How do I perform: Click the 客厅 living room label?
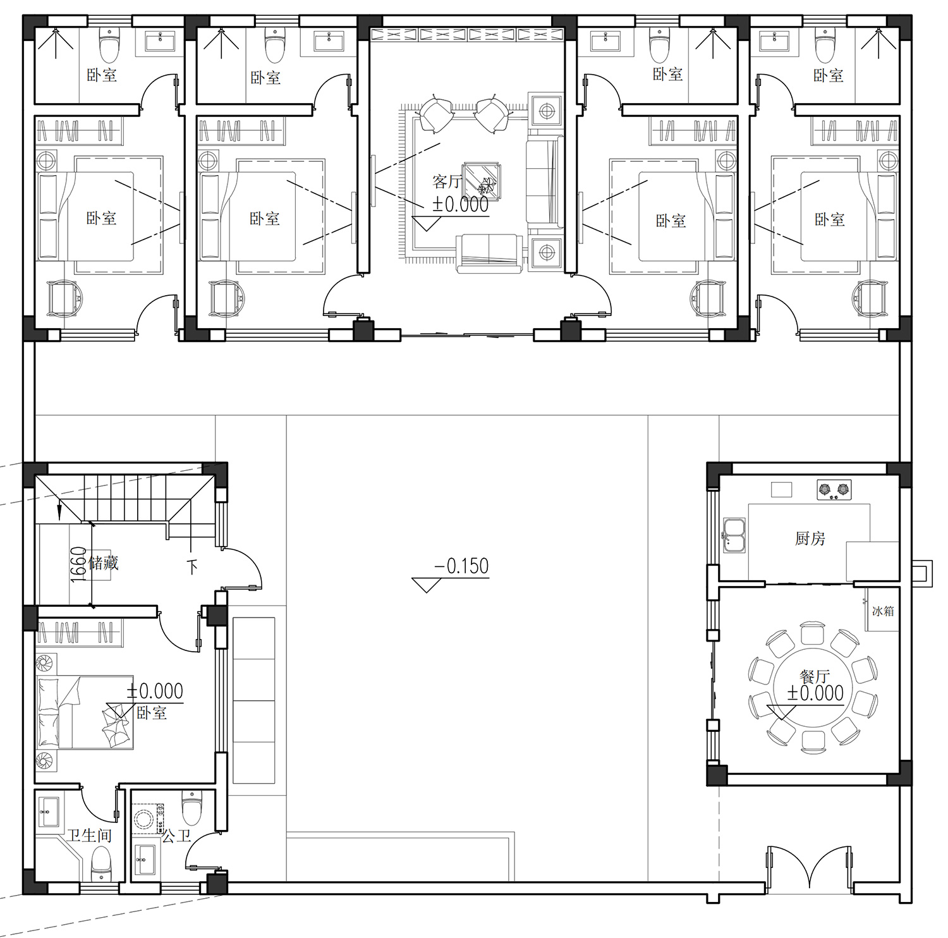(447, 182)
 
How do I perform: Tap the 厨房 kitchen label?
(810, 539)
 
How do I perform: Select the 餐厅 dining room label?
(815, 677)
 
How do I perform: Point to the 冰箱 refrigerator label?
(883, 611)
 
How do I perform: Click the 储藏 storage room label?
(104, 563)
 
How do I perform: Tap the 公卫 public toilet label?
(176, 836)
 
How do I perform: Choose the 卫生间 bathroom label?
(90, 836)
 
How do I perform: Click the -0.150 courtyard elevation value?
(462, 566)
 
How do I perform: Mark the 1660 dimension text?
(78, 564)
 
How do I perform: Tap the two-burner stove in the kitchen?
(834, 489)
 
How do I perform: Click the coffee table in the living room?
(482, 181)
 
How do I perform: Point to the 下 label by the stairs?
(193, 566)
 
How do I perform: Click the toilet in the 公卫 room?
(191, 808)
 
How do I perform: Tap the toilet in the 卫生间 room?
(101, 864)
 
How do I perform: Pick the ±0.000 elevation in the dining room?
(815, 693)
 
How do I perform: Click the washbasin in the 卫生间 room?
(49, 811)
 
